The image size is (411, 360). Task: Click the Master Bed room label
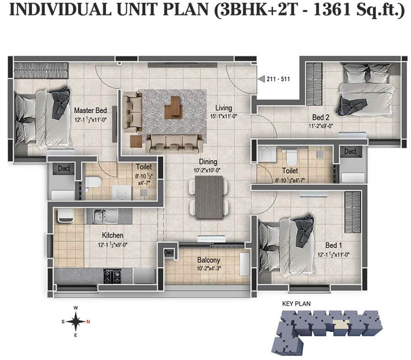(x=90, y=110)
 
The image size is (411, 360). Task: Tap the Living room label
(x=224, y=108)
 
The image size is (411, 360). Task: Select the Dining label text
(x=208, y=162)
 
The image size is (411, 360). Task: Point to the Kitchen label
(x=112, y=235)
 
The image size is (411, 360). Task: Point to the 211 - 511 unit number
(x=279, y=79)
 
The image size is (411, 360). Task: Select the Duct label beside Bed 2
(x=350, y=151)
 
